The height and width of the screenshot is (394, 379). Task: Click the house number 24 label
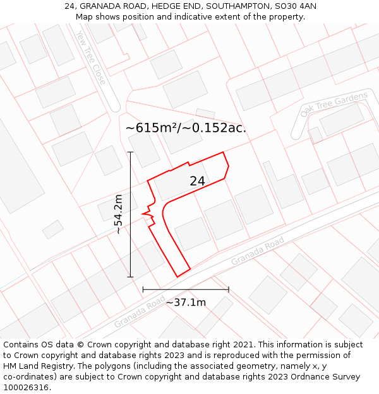coord(197,181)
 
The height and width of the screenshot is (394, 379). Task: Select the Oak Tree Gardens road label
coord(334,104)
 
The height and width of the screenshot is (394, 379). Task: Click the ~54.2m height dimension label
coord(118,214)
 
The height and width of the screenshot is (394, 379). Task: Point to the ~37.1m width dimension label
coord(186,303)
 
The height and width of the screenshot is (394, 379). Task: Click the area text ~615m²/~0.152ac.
coord(186,128)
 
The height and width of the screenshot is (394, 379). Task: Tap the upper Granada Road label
coord(258,252)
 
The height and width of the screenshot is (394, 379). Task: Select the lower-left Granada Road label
coord(140,313)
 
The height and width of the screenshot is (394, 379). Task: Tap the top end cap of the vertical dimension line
coord(131,152)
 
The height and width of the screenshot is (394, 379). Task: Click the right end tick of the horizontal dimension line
coord(229,290)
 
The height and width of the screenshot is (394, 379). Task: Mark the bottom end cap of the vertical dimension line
coord(131,277)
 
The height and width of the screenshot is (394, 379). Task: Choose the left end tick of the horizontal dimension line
coord(143,290)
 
